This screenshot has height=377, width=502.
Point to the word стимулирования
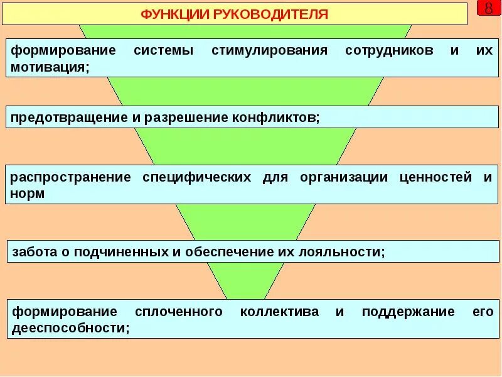point(269,51)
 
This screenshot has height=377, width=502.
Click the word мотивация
point(50,67)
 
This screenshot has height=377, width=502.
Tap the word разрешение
point(179,117)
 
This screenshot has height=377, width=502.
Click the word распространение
point(70,177)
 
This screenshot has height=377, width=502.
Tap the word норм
point(28,194)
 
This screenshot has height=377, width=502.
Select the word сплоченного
point(179,312)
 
